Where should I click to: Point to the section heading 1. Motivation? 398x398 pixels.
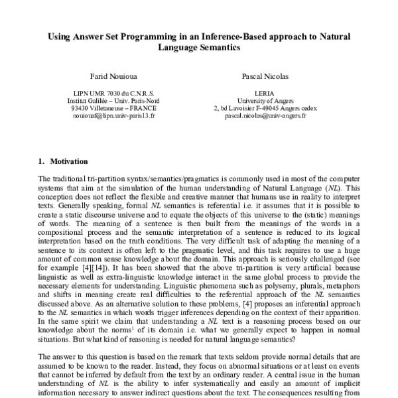[x=59, y=161]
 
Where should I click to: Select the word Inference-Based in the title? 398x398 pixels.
[x=230, y=36]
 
